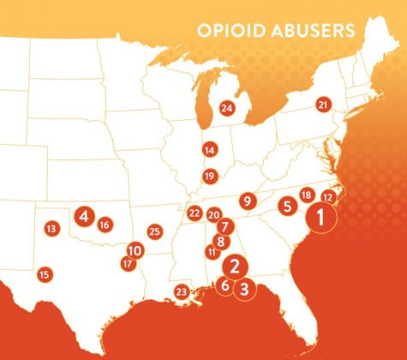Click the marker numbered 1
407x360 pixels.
320,218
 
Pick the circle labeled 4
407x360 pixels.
83,216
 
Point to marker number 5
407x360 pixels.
287,206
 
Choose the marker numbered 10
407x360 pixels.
135,250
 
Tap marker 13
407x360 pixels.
51,229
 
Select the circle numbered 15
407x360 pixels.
45,274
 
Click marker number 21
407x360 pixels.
323,105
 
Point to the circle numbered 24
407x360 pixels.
226,108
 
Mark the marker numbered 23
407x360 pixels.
181,292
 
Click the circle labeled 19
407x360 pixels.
209,177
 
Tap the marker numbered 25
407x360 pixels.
154,231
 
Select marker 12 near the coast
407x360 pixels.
328,197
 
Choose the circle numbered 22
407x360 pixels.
195,213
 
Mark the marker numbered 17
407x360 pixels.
128,264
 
